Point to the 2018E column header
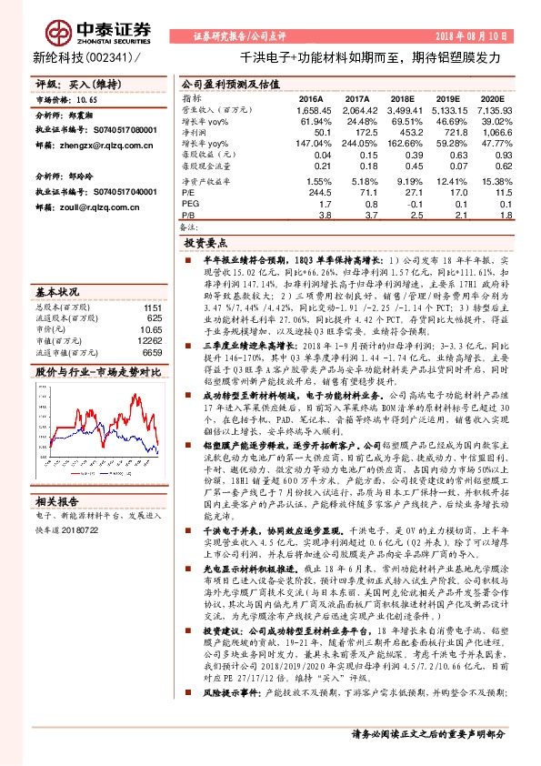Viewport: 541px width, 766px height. pyautogui.click(x=400, y=98)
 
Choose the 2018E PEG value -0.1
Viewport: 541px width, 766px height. pyautogui.click(x=403, y=205)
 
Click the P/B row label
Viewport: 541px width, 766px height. pyautogui.click(x=188, y=217)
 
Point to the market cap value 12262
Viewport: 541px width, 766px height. pyautogui.click(x=149, y=338)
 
